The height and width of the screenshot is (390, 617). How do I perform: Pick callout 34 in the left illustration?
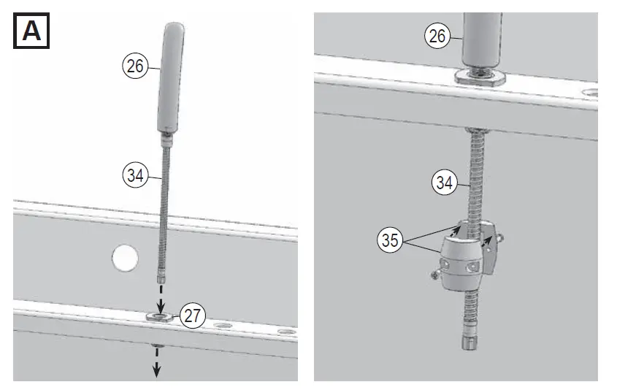(x=134, y=175)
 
